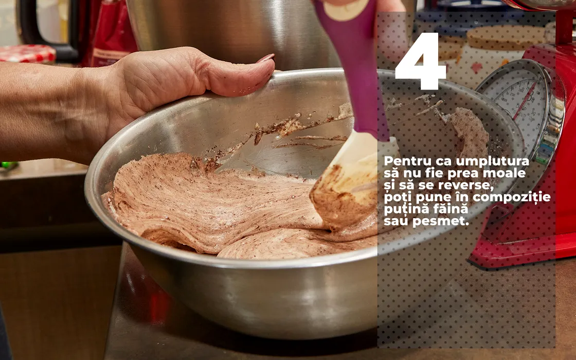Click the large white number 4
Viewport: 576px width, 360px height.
421,61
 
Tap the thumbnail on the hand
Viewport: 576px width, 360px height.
266,58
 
